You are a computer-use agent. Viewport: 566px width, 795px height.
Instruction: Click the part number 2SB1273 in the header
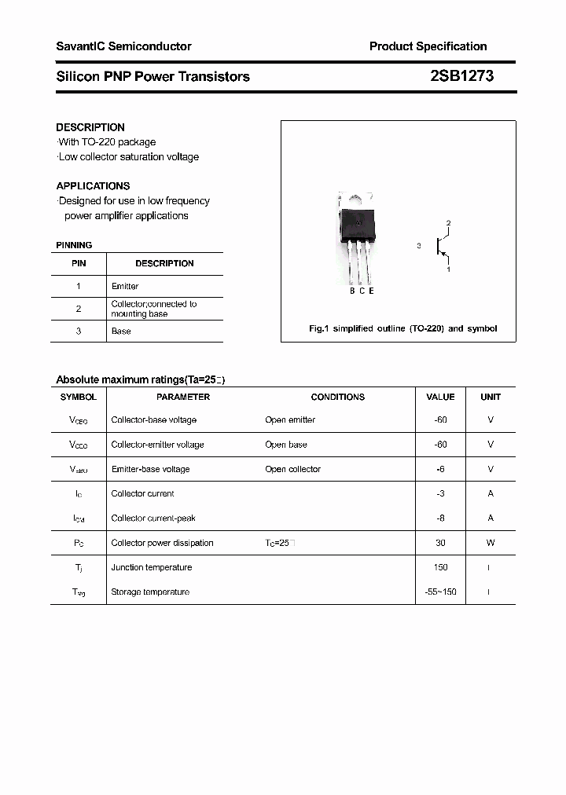pyautogui.click(x=461, y=76)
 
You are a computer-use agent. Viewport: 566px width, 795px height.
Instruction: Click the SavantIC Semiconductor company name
pyautogui.click(x=123, y=46)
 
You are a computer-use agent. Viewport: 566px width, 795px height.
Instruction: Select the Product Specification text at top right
pyautogui.click(x=428, y=46)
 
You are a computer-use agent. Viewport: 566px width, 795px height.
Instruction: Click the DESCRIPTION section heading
pyautogui.click(x=90, y=127)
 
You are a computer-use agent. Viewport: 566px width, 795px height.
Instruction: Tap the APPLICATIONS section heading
pyautogui.click(x=93, y=186)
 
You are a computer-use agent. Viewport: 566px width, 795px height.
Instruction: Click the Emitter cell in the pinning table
pyautogui.click(x=125, y=286)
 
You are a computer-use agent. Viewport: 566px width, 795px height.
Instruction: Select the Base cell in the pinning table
pyautogui.click(x=121, y=331)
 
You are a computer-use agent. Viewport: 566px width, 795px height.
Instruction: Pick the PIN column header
pyautogui.click(x=79, y=263)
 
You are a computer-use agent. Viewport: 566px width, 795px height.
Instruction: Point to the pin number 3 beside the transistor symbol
pyautogui.click(x=419, y=246)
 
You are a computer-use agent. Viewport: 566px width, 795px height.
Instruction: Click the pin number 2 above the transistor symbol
pyautogui.click(x=448, y=223)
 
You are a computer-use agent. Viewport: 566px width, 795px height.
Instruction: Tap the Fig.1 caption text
pyautogui.click(x=402, y=328)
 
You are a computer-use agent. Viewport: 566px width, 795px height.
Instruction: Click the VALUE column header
pyautogui.click(x=440, y=397)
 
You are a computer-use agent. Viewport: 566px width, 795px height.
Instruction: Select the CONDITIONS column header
pyautogui.click(x=337, y=397)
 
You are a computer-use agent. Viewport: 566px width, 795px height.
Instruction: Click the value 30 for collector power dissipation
pyautogui.click(x=440, y=543)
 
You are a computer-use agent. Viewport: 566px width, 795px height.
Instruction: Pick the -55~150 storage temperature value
pyautogui.click(x=440, y=592)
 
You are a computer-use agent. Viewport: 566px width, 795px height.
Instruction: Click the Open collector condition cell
pyautogui.click(x=292, y=469)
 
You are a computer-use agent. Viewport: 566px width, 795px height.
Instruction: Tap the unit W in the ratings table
pyautogui.click(x=491, y=543)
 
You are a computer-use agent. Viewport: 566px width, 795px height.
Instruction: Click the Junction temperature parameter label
pyautogui.click(x=151, y=567)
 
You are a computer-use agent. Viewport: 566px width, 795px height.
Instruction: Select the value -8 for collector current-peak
pyautogui.click(x=440, y=518)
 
